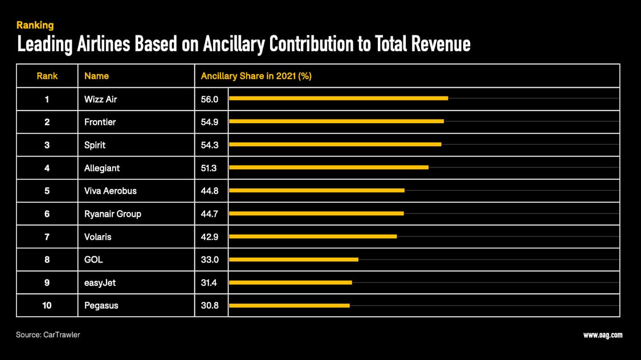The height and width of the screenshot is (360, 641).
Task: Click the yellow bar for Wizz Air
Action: click(338, 99)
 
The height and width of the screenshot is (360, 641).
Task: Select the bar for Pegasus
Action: click(289, 306)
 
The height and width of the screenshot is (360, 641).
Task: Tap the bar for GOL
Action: click(293, 260)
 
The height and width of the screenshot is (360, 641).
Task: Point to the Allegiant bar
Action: click(328, 167)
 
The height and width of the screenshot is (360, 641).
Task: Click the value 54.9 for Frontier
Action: click(210, 122)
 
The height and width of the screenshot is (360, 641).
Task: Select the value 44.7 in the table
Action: click(210, 214)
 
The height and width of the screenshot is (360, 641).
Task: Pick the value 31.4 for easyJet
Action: click(210, 283)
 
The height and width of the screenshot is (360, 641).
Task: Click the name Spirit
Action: click(95, 145)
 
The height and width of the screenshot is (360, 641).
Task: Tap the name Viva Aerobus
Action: click(111, 191)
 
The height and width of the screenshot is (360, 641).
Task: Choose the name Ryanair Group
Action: click(113, 214)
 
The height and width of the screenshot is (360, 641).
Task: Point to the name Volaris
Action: click(98, 237)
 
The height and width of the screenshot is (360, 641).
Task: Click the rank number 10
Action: click(47, 306)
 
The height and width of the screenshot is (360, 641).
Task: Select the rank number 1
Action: click(47, 99)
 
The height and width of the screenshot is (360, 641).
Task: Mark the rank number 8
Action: click(47, 260)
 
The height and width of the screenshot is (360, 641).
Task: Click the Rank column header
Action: click(47, 76)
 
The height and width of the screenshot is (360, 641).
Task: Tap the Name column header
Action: click(96, 76)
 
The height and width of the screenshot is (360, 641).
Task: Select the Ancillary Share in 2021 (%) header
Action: click(256, 76)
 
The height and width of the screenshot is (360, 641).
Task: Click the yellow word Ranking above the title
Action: click(35, 25)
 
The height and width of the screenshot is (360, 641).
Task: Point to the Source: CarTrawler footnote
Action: click(48, 335)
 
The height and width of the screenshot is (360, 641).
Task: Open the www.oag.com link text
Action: click(603, 335)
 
